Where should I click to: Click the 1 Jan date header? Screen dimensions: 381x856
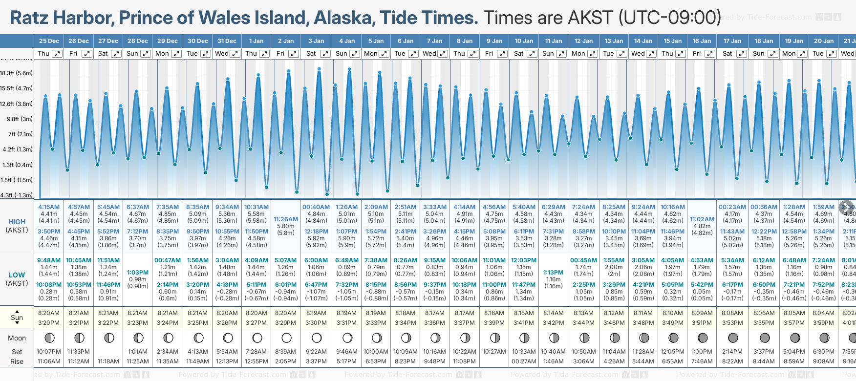click(x=256, y=41)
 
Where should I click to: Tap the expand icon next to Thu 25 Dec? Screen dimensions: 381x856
click(x=57, y=54)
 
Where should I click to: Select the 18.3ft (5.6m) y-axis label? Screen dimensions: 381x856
click(x=17, y=73)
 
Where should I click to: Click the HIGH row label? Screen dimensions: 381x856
click(x=17, y=222)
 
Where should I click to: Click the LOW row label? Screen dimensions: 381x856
click(x=17, y=275)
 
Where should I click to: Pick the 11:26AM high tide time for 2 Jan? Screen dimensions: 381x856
click(x=286, y=219)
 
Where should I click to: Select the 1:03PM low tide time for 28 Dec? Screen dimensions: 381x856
click(x=138, y=273)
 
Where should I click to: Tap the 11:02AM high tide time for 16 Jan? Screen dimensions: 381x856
click(x=702, y=219)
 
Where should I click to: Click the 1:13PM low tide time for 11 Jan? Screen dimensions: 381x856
click(x=554, y=273)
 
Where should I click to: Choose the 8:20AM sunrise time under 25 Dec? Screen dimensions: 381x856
click(x=49, y=313)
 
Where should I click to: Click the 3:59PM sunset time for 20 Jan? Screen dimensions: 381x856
click(x=823, y=323)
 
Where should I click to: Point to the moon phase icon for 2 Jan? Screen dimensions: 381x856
click(x=287, y=338)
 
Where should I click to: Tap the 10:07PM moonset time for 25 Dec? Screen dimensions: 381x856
click(x=49, y=352)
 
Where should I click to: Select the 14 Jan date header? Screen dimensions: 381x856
click(x=643, y=41)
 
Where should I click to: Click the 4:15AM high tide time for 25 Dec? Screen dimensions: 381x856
click(x=49, y=207)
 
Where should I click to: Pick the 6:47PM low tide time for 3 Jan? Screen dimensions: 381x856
click(x=316, y=285)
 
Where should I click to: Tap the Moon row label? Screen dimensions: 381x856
click(x=17, y=338)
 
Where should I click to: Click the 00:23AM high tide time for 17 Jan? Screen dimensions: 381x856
click(x=732, y=207)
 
